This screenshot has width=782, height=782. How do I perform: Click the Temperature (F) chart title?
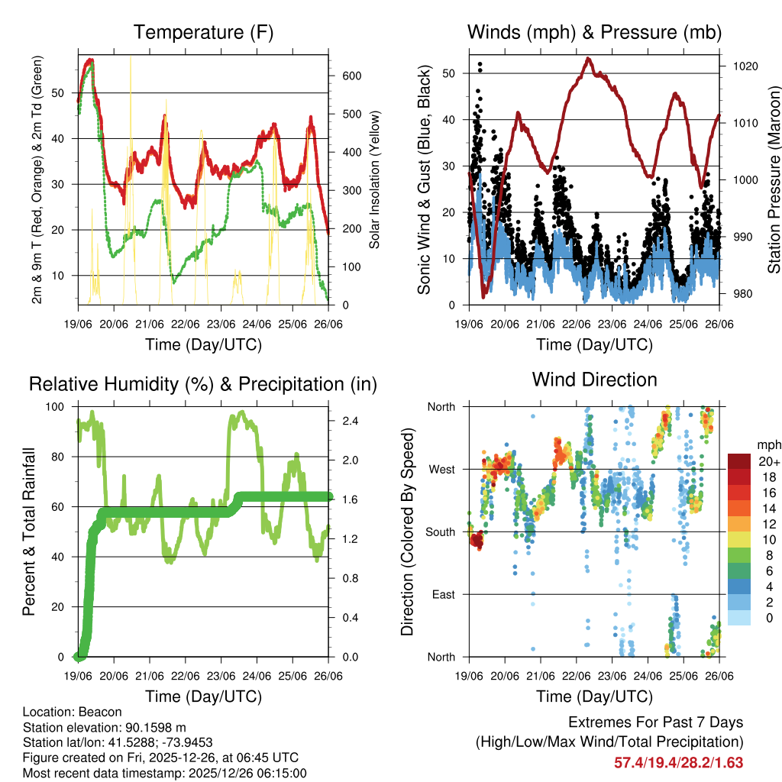(203, 32)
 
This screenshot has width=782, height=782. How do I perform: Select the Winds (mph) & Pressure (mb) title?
(594, 32)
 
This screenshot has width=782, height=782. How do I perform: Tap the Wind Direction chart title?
(594, 379)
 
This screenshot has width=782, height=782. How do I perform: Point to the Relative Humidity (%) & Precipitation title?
(203, 384)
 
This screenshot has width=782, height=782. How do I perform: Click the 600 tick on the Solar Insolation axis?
(351, 76)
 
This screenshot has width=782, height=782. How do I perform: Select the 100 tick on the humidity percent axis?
(57, 406)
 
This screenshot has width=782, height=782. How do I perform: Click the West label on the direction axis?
(441, 469)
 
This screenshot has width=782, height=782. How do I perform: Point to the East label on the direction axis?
(442, 594)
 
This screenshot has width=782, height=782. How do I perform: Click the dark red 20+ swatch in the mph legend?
(738, 461)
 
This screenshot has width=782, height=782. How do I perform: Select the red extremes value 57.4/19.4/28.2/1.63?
(678, 762)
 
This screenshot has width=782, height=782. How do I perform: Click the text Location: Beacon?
(67, 711)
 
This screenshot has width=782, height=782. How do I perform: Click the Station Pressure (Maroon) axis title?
(773, 179)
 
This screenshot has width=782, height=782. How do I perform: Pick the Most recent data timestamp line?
(164, 773)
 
